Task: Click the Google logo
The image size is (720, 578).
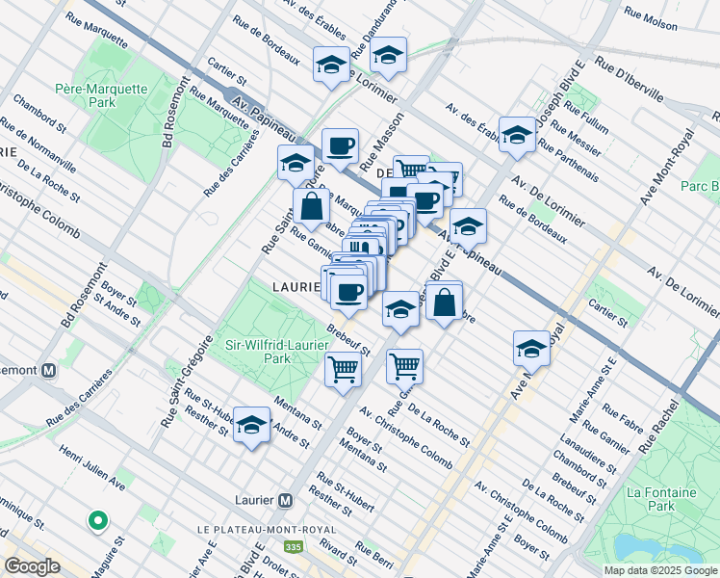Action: point(32,566)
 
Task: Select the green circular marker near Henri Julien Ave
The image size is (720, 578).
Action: point(97,521)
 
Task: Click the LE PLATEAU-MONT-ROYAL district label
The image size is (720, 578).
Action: point(266,530)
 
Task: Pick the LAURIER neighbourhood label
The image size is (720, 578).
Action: point(295,286)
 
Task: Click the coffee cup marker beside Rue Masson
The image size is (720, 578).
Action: point(340,147)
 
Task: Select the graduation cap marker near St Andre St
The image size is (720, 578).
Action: point(251,425)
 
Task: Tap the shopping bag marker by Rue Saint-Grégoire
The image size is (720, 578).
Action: point(312,207)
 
